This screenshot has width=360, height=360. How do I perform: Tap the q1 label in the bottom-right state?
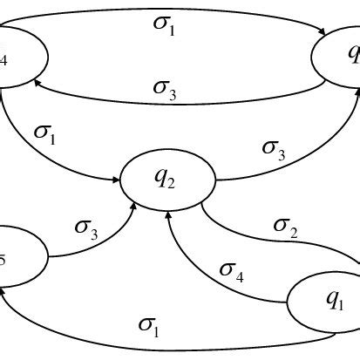334,300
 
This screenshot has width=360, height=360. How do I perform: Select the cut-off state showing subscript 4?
17,58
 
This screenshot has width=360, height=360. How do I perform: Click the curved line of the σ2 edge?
253,236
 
